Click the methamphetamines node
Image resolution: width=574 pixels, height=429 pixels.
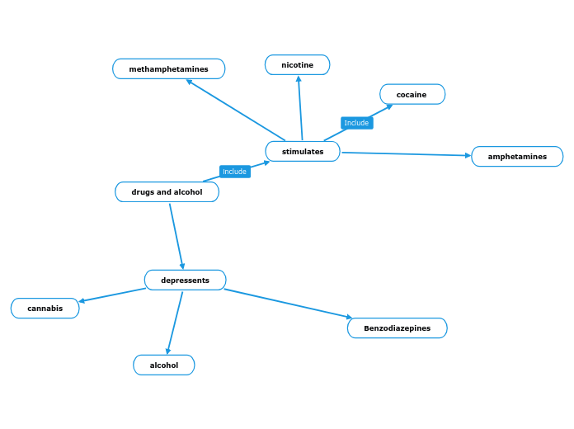click(x=168, y=69)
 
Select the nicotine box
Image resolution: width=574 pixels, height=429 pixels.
click(x=297, y=65)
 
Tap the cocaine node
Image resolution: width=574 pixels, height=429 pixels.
click(x=412, y=95)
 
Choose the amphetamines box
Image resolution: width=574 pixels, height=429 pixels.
click(x=517, y=157)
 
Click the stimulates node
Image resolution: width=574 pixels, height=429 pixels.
click(x=303, y=152)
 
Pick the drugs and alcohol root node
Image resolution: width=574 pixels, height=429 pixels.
click(x=167, y=192)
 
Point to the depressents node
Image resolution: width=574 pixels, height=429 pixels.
click(x=185, y=280)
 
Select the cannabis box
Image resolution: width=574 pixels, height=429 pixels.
click(x=45, y=309)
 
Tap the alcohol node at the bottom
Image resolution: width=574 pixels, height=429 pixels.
click(x=163, y=365)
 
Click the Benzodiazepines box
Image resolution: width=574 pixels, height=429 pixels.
click(x=397, y=328)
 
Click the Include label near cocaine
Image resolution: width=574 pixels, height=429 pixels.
click(x=356, y=123)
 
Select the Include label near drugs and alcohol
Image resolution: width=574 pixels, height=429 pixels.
click(x=234, y=172)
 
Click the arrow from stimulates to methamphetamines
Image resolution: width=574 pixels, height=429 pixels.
click(x=236, y=110)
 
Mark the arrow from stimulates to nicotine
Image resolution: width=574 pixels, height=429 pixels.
click(x=300, y=108)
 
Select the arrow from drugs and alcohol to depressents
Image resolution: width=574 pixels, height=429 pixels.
click(x=176, y=237)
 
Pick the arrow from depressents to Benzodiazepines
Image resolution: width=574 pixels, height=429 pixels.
click(x=289, y=304)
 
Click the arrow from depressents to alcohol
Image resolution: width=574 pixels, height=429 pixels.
click(x=175, y=323)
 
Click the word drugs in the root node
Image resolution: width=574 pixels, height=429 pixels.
click(x=143, y=192)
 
